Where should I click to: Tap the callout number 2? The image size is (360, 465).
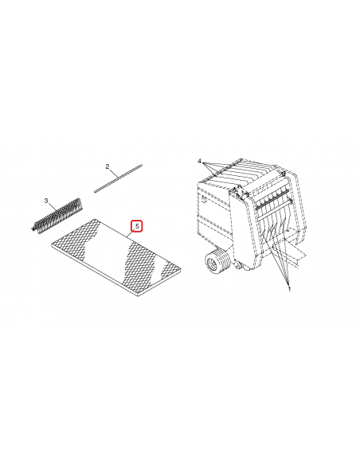tap(107, 166)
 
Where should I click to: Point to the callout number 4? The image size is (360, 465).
tap(200, 161)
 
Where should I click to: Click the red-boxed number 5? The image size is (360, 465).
tap(137, 226)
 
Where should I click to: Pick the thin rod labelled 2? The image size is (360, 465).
tap(118, 178)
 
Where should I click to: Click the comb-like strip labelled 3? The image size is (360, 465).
tap(57, 216)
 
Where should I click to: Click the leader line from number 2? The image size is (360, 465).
tap(113, 174)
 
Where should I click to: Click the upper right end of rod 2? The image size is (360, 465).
tap(140, 165)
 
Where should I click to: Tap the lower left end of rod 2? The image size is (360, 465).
tap(96, 190)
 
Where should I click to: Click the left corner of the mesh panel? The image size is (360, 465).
tap(50, 247)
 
